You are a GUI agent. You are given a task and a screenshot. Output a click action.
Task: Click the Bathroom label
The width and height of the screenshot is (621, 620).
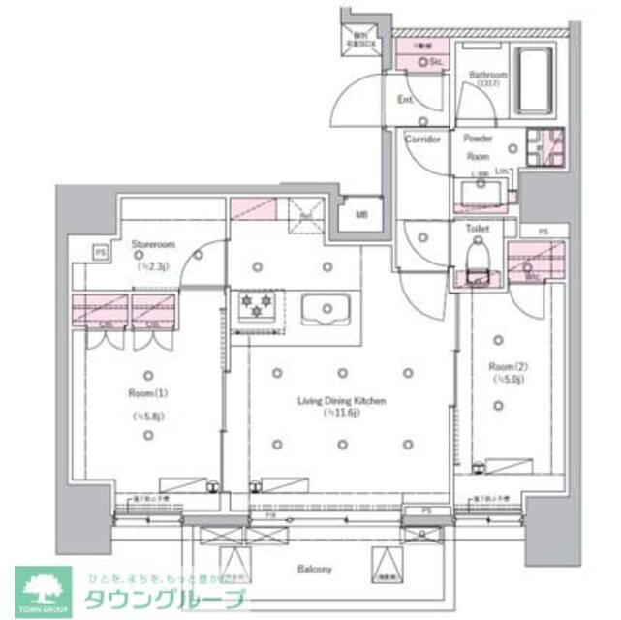[488, 76]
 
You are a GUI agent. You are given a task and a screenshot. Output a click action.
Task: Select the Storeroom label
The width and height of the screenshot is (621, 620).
[152, 246]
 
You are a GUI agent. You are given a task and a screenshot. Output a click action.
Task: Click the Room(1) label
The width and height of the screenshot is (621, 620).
[147, 391]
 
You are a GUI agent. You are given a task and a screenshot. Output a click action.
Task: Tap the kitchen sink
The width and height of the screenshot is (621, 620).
[328, 310]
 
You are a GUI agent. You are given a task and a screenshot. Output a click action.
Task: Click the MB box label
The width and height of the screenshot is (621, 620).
[360, 215]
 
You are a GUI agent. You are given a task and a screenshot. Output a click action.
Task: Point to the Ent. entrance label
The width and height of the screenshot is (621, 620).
[407, 100]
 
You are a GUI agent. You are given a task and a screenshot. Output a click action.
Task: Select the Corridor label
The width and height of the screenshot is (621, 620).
[423, 139]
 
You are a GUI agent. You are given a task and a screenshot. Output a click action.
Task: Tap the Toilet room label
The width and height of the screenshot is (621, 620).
[477, 230]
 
